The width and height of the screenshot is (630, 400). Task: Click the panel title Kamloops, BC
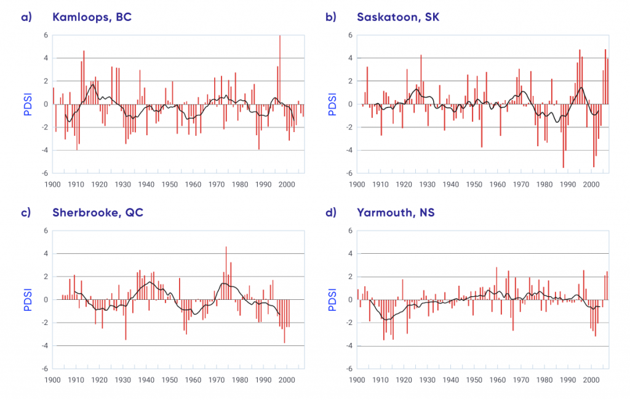coord(92,17)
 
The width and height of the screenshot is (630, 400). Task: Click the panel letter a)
coord(26,17)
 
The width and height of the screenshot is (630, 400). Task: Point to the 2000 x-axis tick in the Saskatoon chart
coord(591,184)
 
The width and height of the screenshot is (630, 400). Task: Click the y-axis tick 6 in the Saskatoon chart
coord(349,36)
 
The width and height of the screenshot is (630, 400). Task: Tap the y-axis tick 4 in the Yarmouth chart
coord(349,254)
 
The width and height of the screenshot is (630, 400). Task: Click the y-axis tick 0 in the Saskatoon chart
coord(349,104)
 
